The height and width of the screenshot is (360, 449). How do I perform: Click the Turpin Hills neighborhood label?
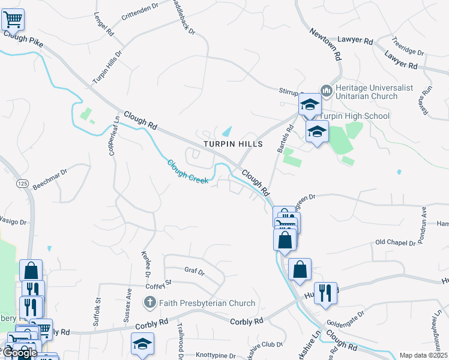[233, 145]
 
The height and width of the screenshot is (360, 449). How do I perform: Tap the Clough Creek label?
[187, 172]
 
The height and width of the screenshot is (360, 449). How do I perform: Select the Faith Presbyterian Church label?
[207, 303]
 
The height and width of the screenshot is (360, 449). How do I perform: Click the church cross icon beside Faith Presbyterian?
[150, 303]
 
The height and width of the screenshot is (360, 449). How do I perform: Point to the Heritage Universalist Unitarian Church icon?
[327, 91]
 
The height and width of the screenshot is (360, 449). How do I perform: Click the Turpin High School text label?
[354, 116]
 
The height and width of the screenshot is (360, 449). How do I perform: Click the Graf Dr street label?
[194, 271]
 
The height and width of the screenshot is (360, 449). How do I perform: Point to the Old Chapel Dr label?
[395, 242]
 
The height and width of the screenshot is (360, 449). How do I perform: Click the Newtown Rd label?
[326, 46]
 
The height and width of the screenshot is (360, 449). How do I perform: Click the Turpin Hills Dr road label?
[107, 67]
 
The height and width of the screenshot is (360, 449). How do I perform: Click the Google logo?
[20, 353]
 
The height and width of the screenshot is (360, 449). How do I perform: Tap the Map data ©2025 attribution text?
[424, 355]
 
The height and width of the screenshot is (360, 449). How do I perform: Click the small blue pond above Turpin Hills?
[228, 131]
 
